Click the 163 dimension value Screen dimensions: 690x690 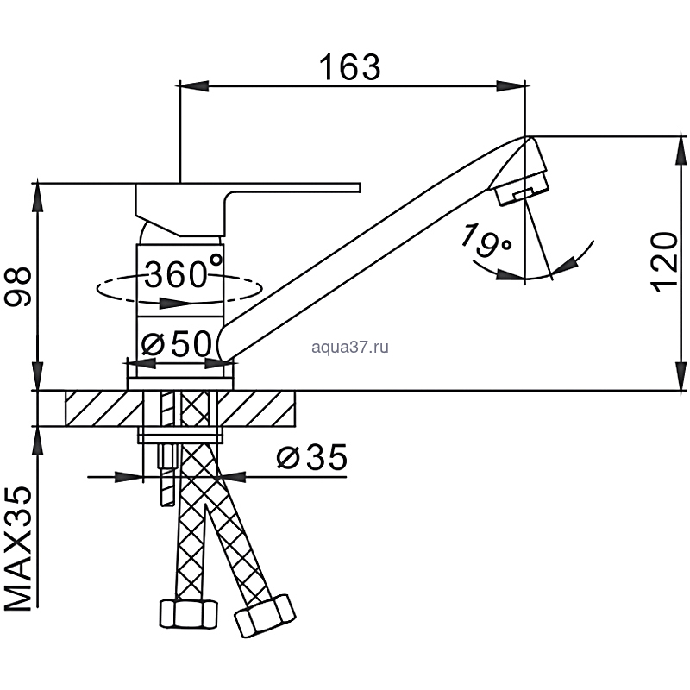[x=350, y=68]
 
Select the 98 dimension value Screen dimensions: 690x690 [x=18, y=286]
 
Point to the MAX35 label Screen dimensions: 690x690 [x=18, y=549]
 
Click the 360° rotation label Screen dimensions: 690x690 [x=184, y=273]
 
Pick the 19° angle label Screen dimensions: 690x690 [x=486, y=241]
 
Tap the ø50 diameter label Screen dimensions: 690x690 [x=177, y=343]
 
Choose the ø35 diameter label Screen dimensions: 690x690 [x=312, y=457]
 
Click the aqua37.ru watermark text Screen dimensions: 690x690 [x=350, y=348]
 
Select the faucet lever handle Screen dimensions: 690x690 [x=248, y=210]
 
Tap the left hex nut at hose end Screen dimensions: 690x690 [x=188, y=614]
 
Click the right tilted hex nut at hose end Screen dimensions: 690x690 [x=265, y=616]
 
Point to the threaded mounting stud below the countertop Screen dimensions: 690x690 [x=167, y=475]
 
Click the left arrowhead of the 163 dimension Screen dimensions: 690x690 [x=194, y=86]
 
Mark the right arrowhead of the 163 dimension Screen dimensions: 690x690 [x=511, y=86]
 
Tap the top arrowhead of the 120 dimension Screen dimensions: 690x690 [x=681, y=151]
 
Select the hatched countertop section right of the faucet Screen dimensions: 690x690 [x=256, y=408]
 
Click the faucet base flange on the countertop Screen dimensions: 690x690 [x=180, y=383]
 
